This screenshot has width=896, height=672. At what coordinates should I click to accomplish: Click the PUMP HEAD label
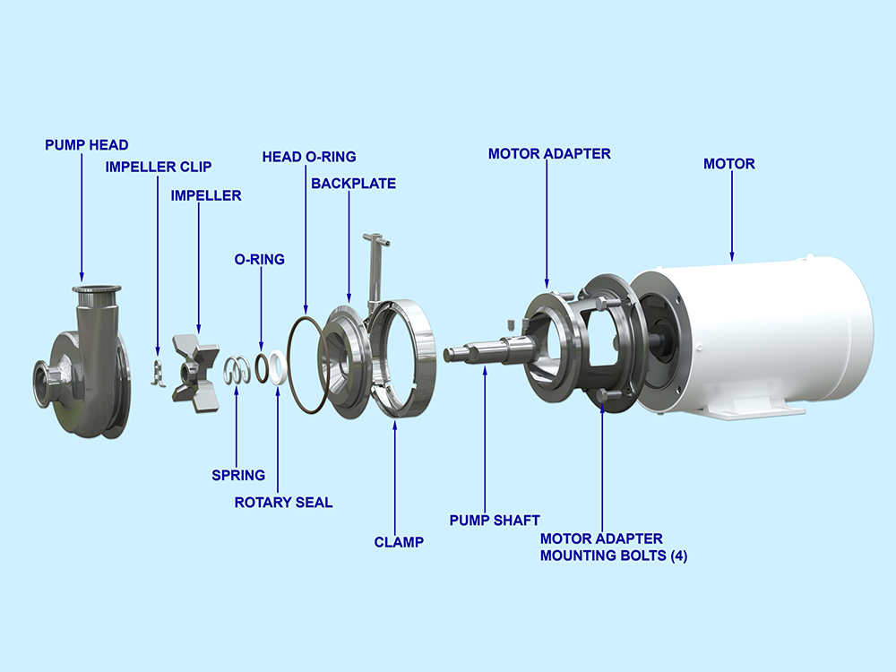86,144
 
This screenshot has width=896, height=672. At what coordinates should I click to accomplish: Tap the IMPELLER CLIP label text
159,167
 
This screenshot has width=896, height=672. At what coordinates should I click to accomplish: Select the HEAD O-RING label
308,157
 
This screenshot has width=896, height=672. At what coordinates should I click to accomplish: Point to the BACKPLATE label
353,184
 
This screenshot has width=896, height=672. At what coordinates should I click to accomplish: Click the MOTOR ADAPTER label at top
548,154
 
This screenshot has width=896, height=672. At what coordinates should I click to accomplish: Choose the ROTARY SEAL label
283,503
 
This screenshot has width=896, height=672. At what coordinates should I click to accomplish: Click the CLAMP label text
398,542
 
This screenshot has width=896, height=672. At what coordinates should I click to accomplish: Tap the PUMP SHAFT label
494,520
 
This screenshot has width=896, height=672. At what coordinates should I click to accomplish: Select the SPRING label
238,475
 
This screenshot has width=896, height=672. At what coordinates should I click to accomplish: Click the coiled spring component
237,370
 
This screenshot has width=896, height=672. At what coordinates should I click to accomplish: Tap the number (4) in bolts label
673,556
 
